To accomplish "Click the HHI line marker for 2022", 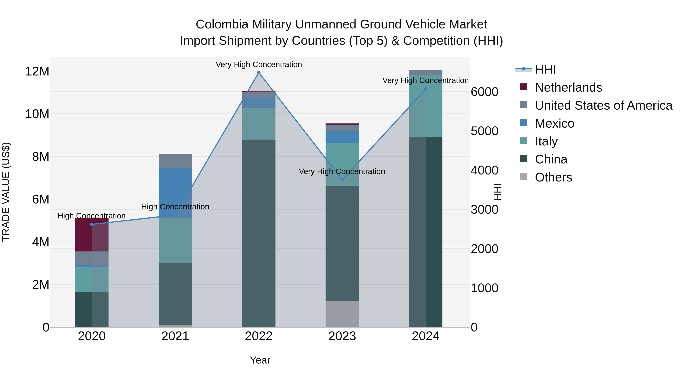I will point(259,73).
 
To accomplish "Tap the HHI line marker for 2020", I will point(92,225).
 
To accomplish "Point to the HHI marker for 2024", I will point(426,89).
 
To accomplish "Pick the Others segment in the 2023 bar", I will point(342,314).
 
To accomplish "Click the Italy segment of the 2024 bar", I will point(426,106).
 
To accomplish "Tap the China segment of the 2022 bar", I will point(259,233).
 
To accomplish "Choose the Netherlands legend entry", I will point(568,87).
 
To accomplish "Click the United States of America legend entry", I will point(603,105).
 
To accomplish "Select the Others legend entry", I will point(553,177).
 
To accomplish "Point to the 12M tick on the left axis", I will point(37,71).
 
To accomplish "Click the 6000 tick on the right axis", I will point(484,92).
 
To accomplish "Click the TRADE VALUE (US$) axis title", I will point(6,192).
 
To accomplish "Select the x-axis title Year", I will point(260,360).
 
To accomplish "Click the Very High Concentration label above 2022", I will point(259,64).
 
